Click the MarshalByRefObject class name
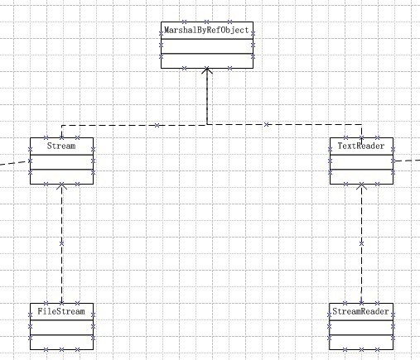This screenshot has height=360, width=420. tap(206, 30)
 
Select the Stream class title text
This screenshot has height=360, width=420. tap(61, 146)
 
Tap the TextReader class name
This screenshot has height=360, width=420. tap(361, 146)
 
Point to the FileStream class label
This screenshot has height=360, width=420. tap(61, 311)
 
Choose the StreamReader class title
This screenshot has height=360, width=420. tap(360, 311)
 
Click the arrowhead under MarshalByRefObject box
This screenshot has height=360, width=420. tap(207, 70)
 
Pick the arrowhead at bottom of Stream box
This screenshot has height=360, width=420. tap(62, 186)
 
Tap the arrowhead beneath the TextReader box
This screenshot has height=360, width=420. tap(361, 186)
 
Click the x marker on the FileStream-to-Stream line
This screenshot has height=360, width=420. tap(61, 244)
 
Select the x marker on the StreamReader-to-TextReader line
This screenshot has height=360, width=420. tap(361, 243)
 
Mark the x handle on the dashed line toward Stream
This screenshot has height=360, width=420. tap(157, 125)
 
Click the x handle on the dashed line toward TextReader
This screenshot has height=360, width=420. tap(266, 125)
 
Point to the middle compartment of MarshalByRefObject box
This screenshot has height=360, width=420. tap(207, 46)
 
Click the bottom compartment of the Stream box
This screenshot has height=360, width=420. tap(62, 176)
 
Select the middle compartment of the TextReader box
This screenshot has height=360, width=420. tap(361, 162)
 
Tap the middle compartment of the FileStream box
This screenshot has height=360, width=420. tap(62, 328)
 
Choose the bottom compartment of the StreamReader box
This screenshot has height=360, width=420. tap(361, 342)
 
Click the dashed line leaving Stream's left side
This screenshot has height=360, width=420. tap(15, 163)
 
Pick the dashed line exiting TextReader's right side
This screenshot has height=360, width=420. tap(407, 161)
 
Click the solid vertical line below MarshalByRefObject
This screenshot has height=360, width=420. tap(207, 96)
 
